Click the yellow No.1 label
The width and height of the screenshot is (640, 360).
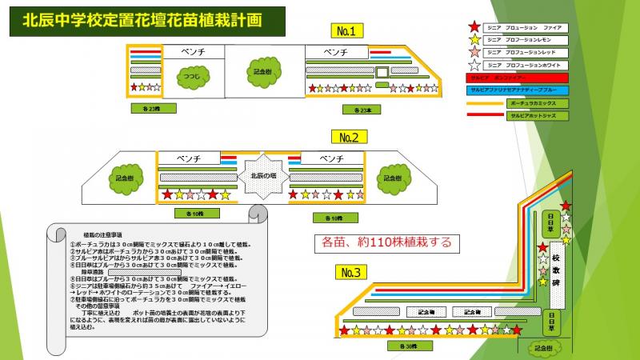[x=346, y=32]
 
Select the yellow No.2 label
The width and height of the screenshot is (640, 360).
[x=348, y=137]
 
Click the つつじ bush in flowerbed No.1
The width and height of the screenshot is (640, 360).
[x=192, y=77]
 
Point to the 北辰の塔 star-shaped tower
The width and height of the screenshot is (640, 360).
[x=262, y=178]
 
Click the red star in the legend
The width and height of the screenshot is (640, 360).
[x=474, y=28]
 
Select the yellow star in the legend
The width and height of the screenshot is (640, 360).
[x=474, y=40]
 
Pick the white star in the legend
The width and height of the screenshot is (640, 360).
[x=474, y=65]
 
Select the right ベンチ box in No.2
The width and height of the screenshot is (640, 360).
[x=330, y=158]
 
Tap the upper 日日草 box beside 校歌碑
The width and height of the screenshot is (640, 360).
[x=550, y=220]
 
